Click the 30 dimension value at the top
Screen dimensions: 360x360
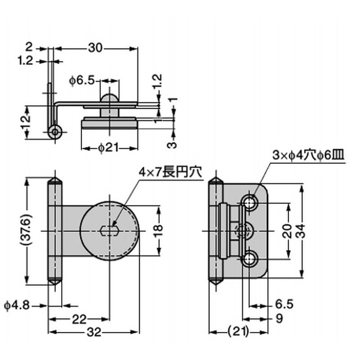[95, 48]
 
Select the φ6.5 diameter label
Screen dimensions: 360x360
[82, 81]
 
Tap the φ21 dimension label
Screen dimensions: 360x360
[108, 148]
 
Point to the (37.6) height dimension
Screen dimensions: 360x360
[27, 231]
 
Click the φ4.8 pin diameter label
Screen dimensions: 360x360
[17, 306]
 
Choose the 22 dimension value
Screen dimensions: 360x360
[79, 319]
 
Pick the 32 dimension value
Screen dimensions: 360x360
[94, 332]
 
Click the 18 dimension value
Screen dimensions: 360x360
[159, 231]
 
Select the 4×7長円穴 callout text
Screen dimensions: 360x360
[171, 172]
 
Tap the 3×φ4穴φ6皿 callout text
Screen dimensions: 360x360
[308, 155]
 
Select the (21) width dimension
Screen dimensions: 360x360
[238, 332]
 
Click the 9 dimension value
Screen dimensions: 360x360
[279, 319]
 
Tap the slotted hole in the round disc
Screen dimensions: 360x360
[109, 231]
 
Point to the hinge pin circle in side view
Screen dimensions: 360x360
[55, 132]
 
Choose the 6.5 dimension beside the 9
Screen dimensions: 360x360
[284, 305]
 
